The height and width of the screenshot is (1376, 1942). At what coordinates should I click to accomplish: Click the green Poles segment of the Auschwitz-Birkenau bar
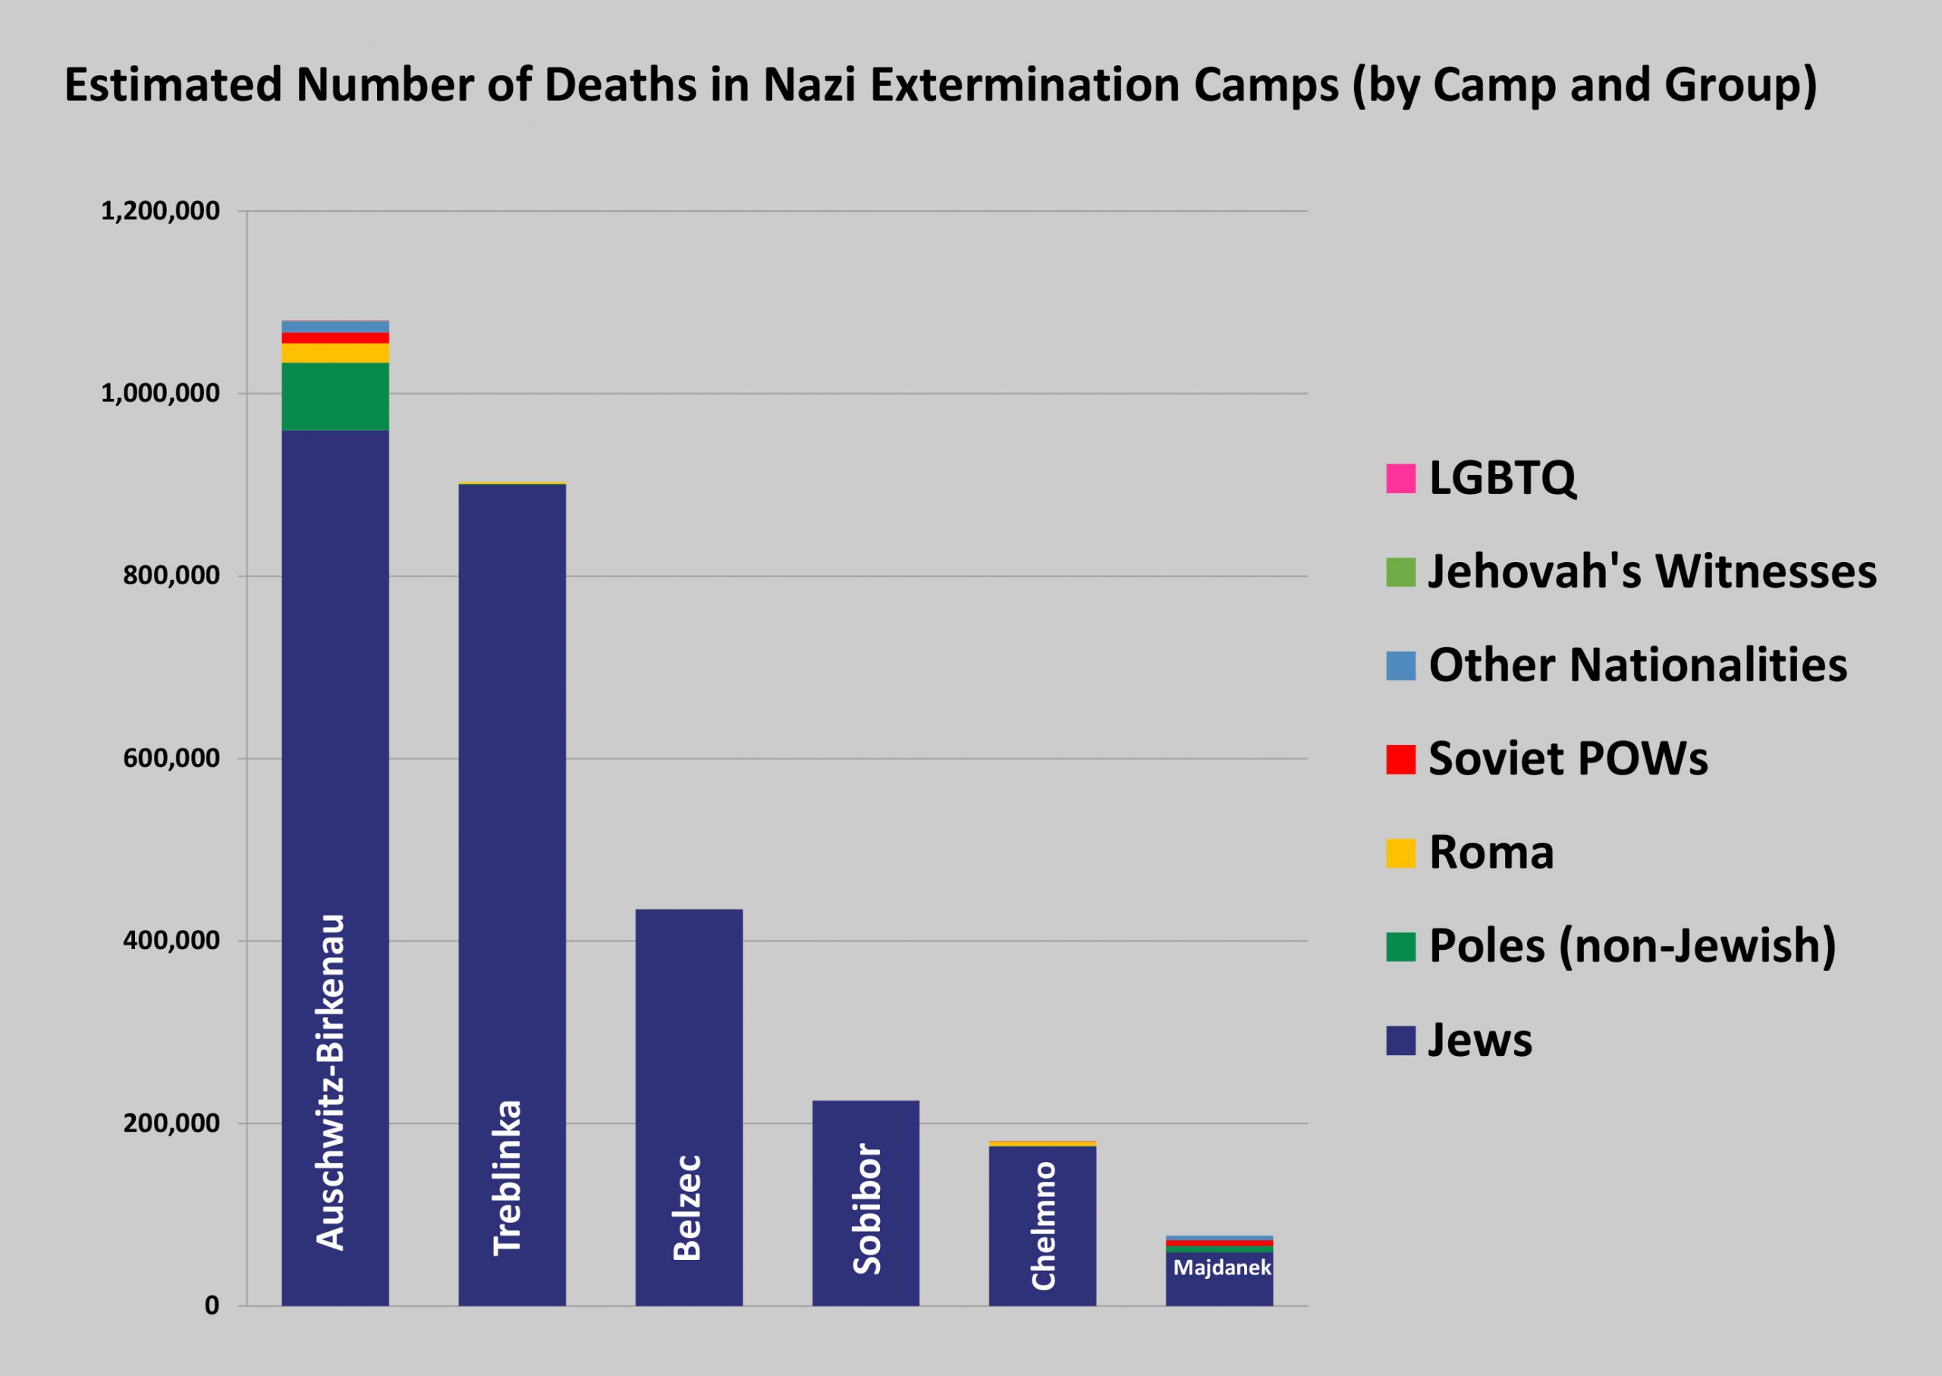[x=335, y=397]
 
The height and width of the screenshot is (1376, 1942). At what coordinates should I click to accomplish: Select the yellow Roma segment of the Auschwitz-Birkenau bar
[x=335, y=353]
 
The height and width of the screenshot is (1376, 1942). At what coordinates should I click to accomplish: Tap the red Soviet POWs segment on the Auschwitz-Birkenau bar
[x=335, y=338]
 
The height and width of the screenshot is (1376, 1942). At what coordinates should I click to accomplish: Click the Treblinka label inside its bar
[x=508, y=1177]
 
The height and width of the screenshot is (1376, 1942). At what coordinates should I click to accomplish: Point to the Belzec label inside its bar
[x=687, y=1207]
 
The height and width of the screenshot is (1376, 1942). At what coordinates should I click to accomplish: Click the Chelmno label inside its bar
[x=1043, y=1225]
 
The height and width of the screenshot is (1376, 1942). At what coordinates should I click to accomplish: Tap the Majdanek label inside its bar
[x=1221, y=1268]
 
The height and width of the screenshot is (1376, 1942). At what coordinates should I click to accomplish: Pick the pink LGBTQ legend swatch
[x=1400, y=479]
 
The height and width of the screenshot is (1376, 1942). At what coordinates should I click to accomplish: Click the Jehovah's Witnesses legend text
[x=1652, y=572]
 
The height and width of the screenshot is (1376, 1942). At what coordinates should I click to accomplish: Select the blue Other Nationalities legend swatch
[x=1400, y=666]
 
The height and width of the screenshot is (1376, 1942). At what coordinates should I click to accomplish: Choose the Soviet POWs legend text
[x=1567, y=759]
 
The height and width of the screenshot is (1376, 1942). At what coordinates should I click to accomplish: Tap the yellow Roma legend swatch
[x=1400, y=853]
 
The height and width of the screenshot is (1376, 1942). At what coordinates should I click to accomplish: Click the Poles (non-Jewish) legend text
[x=1632, y=947]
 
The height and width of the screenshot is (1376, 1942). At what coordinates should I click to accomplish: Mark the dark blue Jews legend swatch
[x=1400, y=1041]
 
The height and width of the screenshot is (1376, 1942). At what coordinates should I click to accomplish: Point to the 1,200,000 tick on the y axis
[x=160, y=211]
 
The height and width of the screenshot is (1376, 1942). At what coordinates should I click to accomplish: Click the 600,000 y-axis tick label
[x=171, y=759]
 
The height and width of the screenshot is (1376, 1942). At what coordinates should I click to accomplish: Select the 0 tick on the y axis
[x=212, y=1305]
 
